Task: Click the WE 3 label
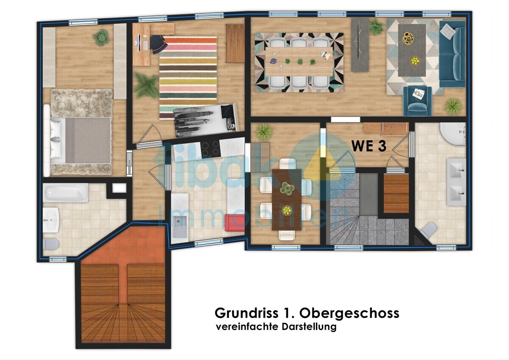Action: [369, 146]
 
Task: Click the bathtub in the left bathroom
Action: [65, 193]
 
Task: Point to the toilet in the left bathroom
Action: [51, 244]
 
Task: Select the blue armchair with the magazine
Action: [417, 100]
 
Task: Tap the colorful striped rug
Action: [188, 72]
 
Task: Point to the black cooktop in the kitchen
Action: [210, 148]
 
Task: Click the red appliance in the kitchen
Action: [235, 222]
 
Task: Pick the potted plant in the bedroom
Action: [101, 38]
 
